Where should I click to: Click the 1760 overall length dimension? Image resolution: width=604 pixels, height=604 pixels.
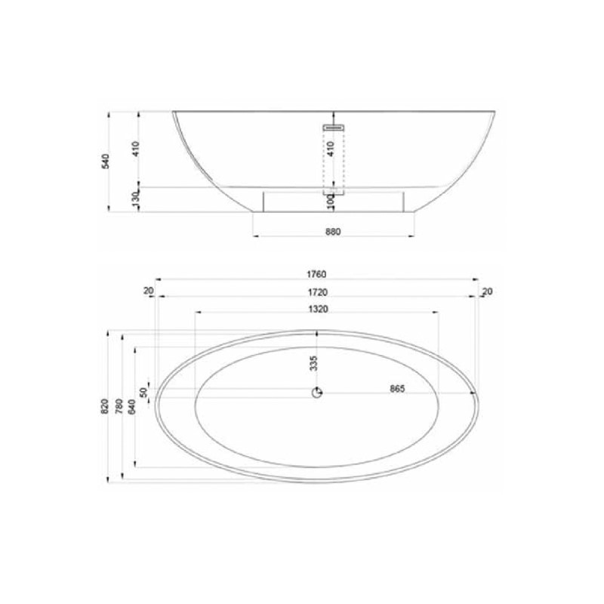coord(316,274)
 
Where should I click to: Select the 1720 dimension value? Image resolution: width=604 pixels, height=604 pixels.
coord(317,292)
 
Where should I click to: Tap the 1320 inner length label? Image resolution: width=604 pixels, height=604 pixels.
coord(318,309)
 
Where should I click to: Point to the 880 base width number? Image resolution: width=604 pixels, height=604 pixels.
coord(333,232)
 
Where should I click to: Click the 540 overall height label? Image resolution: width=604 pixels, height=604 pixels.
coord(106,161)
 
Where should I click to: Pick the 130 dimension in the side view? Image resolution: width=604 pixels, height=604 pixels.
coord(135,199)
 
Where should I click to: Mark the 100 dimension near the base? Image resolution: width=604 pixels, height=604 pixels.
coord(330,202)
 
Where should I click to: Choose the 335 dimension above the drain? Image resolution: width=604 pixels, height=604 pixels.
coord(313,363)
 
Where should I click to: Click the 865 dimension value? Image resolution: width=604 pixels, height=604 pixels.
coord(397,389)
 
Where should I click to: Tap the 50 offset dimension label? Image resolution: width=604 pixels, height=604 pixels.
coord(143,393)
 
